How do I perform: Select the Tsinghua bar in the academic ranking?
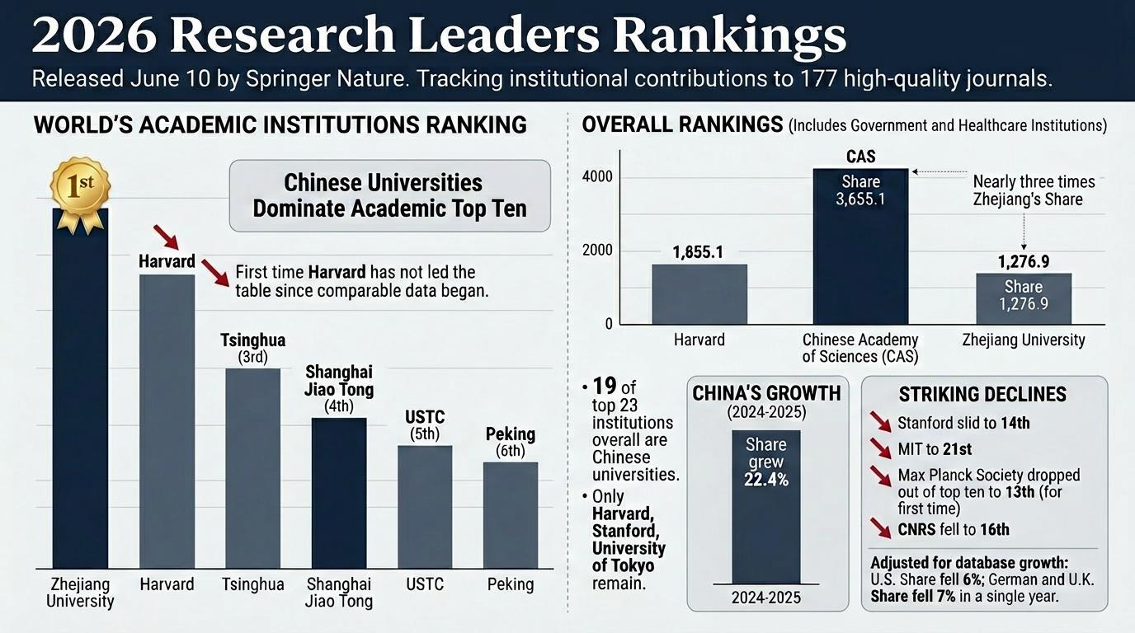pos(253,468)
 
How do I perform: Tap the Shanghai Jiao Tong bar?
pos(339,493)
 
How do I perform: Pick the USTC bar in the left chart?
pos(425,507)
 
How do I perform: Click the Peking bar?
pos(511,515)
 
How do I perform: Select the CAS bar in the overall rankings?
pos(860,246)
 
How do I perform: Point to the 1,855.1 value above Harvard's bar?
pos(698,252)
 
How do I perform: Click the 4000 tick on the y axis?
pos(597,176)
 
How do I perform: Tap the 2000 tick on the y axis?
pos(597,251)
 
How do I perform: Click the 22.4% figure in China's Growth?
pos(766,480)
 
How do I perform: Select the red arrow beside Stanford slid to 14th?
pos(881,422)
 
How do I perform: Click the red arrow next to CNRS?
pos(881,528)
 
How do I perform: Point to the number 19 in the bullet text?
pos(605,386)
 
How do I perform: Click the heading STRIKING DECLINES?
pos(982,395)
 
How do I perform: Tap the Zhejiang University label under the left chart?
pos(80,593)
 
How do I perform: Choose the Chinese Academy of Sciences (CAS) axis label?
pos(860,348)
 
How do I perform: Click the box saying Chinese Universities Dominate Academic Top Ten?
pos(389,196)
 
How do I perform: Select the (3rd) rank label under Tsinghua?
pos(253,358)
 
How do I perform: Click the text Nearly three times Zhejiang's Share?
pos(1034,190)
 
